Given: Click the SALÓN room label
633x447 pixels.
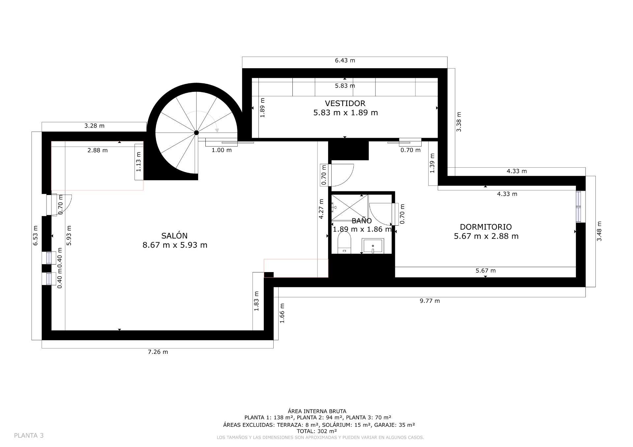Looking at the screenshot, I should [174, 236].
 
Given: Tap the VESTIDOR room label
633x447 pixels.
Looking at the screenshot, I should [345, 103].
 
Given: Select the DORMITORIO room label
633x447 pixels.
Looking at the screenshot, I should [486, 227].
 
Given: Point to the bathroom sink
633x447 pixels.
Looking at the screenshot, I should [373, 246].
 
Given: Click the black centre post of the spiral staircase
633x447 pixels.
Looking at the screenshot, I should [196, 133].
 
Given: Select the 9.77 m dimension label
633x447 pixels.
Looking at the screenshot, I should [430, 301].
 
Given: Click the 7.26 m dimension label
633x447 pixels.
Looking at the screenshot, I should [158, 352].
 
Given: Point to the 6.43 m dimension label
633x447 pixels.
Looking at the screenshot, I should [345, 60].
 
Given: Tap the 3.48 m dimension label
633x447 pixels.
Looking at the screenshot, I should [599, 231].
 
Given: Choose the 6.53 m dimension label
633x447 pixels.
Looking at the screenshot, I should [36, 236].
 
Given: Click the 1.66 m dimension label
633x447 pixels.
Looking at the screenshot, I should [282, 313].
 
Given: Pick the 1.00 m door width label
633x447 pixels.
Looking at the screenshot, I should [222, 150].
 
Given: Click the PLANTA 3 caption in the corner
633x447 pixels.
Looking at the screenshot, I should [29, 435].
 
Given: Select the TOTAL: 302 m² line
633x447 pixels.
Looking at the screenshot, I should [317, 431].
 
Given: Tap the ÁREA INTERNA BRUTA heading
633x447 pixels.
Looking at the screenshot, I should [317, 411].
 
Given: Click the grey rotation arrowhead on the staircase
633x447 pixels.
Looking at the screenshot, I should [217, 130].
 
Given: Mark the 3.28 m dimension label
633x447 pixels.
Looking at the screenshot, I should [94, 126].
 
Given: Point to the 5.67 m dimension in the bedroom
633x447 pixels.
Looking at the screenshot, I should [485, 271].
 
